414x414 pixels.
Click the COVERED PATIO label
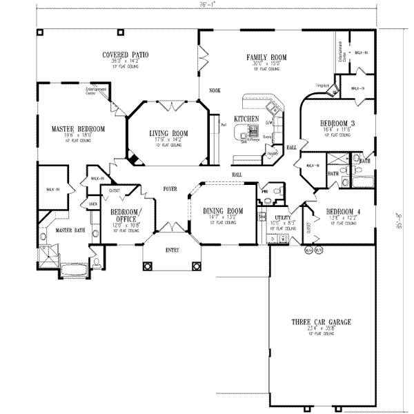[126, 55]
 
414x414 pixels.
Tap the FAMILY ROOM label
[267, 57]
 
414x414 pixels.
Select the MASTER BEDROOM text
[78, 129]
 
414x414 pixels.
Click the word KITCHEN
[246, 119]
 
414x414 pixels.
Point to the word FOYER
[170, 188]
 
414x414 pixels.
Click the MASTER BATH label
[70, 230]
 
